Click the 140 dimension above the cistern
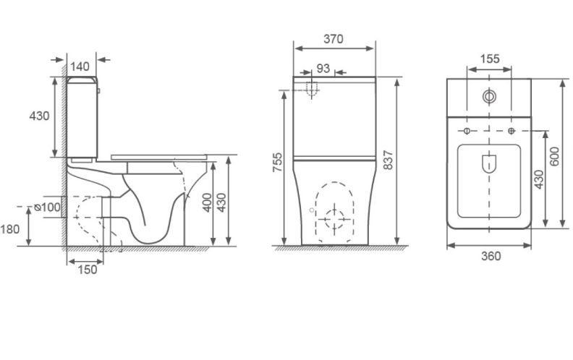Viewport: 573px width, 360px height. [80, 67]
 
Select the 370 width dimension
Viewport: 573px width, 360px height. [334, 39]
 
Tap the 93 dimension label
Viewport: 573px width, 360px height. [323, 68]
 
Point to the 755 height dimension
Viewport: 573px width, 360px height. [278, 162]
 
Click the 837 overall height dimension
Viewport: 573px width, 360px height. [388, 160]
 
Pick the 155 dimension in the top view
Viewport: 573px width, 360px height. [489, 59]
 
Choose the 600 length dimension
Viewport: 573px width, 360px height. [554, 156]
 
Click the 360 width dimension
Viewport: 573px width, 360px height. [491, 256]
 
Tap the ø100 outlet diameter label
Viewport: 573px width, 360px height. [47, 207]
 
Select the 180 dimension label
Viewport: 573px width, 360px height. [10, 229]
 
